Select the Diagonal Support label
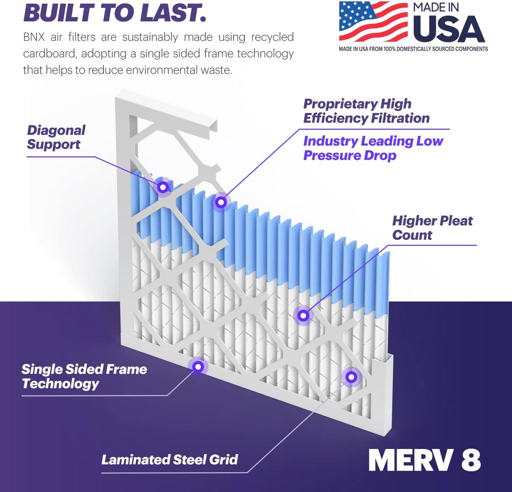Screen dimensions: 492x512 56,137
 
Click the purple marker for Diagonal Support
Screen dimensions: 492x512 162,187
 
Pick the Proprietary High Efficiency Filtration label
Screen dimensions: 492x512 366,111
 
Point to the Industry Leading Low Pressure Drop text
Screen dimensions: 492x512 373,148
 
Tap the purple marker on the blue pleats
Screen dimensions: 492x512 220,202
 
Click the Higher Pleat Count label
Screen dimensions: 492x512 432,227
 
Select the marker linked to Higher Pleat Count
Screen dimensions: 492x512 302,315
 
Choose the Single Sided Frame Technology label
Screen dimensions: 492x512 84,376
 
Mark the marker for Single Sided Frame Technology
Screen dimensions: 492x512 198,366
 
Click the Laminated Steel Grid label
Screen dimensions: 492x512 169,458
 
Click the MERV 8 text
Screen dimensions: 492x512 424,460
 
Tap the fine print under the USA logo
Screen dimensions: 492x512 413,49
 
